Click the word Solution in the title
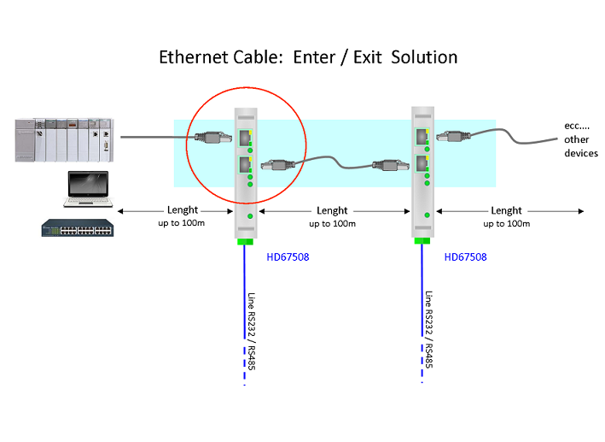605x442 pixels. (x=424, y=57)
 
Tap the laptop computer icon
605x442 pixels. (x=88, y=189)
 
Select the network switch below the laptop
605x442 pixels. (x=78, y=227)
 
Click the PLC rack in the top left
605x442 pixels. (x=65, y=140)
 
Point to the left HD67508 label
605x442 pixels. (x=288, y=257)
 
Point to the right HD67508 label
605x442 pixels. (x=465, y=257)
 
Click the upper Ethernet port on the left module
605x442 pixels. (x=245, y=138)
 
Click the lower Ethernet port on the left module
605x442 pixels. (x=245, y=165)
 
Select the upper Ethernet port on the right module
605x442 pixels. (x=422, y=137)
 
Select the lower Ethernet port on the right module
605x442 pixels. (x=422, y=163)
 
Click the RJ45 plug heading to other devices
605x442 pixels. (x=453, y=136)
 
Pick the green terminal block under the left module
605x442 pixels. (x=245, y=242)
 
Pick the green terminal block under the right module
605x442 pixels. (x=422, y=241)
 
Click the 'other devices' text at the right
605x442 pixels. (x=581, y=146)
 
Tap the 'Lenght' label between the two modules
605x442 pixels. (x=332, y=211)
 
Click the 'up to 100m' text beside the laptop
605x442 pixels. (x=182, y=223)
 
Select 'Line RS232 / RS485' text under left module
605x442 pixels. (x=251, y=332)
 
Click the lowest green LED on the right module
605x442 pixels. (x=427, y=215)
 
